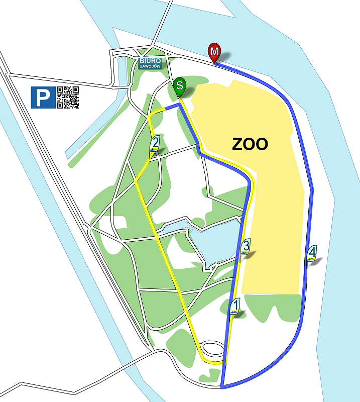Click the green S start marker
pos(180,86)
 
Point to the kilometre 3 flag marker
pos(246,247)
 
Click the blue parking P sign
pos(43,97)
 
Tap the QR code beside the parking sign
pos(68,97)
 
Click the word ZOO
pos(250,144)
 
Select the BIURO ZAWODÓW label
pos(150,63)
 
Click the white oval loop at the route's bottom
pos(212,348)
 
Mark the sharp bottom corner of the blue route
pos(221,387)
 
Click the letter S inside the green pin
pos(180,84)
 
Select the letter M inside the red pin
pos(214,50)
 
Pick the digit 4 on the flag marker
pos(312,251)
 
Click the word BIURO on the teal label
pos(150,60)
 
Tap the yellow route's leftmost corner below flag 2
pos(135,180)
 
